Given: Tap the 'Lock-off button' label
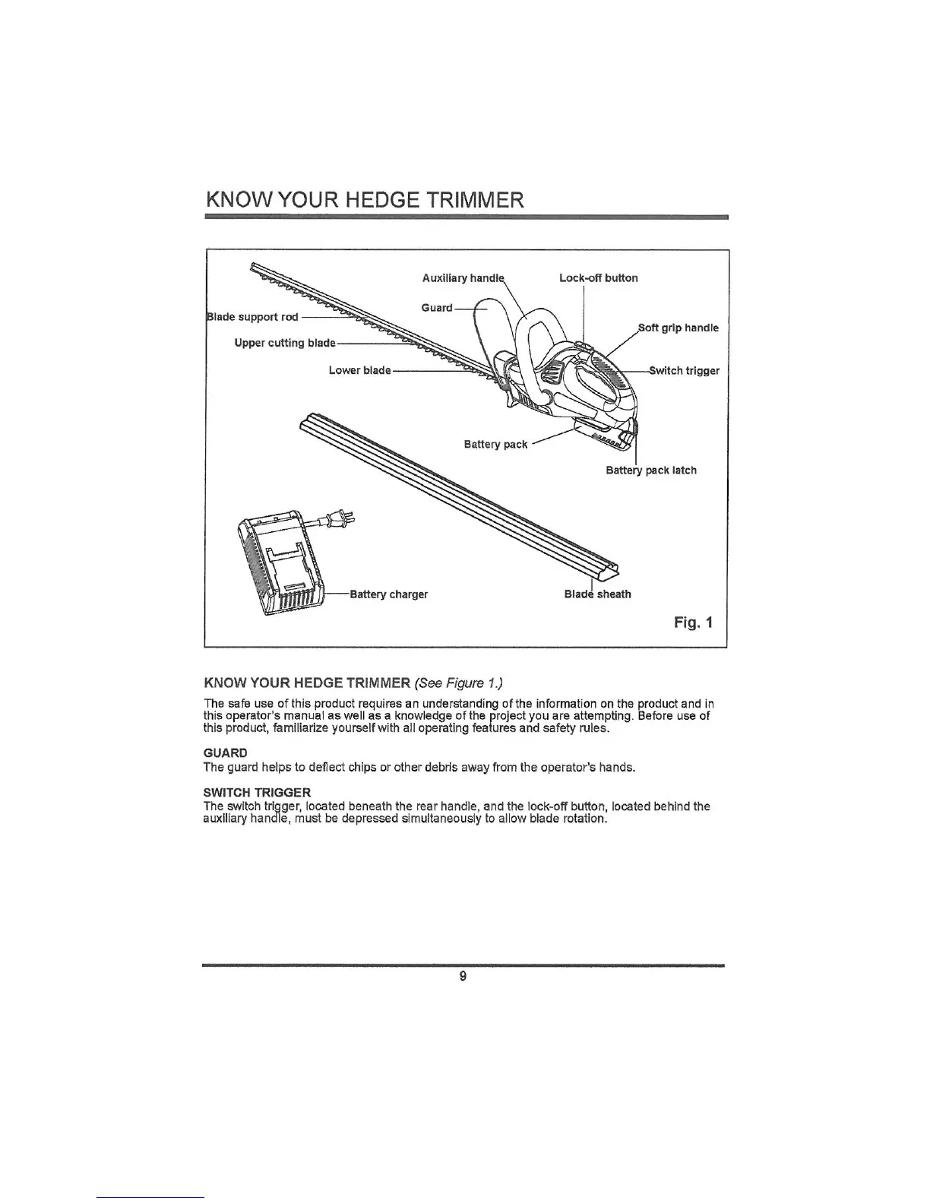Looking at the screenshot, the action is [598, 278].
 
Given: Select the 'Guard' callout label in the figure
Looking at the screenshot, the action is [437, 308].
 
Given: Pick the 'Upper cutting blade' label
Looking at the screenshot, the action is [285, 343].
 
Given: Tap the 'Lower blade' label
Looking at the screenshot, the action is [359, 370].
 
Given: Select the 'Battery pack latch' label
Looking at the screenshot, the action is [651, 471].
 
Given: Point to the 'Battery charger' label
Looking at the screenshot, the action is [388, 594].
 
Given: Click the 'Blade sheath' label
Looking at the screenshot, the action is [597, 594].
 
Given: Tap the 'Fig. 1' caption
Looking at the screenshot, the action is [693, 623].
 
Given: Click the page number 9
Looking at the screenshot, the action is [463, 977].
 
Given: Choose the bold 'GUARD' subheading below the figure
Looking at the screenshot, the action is [226, 753].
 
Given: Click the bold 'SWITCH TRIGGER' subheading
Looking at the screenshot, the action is [257, 794].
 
